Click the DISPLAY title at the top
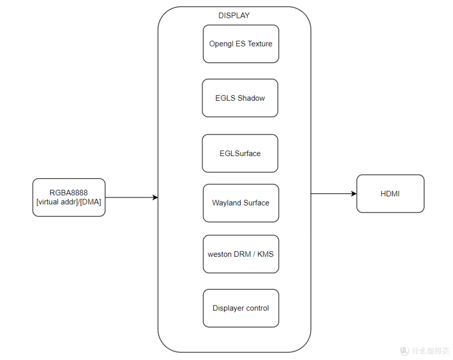234,15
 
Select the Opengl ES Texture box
241,44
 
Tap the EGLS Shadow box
240,98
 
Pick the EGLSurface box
240,154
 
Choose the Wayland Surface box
241,203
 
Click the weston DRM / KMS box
241,254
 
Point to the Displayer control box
241,308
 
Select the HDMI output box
391,193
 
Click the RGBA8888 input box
69,197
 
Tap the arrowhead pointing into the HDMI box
354,193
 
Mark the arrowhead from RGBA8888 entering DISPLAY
155,197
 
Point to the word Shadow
251,98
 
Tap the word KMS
265,254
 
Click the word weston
219,254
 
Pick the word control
258,308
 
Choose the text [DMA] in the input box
91,202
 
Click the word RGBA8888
69,193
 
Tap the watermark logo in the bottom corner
404,350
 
